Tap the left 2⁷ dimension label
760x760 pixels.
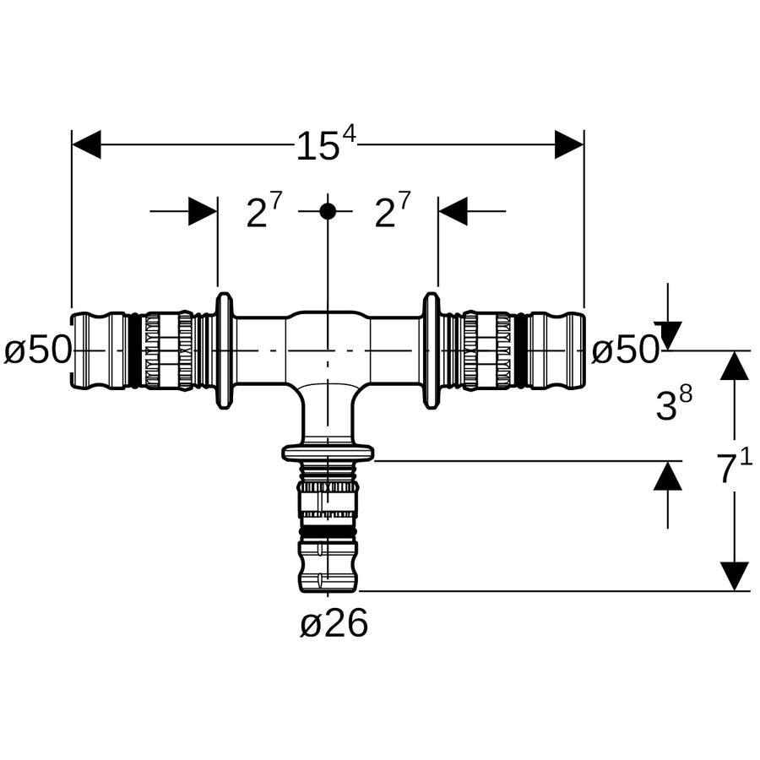coord(263,211)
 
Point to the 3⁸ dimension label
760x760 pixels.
coord(674,404)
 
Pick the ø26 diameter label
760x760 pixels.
coord(334,623)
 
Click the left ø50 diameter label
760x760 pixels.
coord(38,350)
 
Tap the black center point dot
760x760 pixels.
coord(328,211)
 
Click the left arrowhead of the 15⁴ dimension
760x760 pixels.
coord(86,144)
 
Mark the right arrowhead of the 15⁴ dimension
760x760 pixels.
coord(569,144)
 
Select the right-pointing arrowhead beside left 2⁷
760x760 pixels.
coord(203,211)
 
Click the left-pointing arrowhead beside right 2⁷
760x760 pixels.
coord(453,211)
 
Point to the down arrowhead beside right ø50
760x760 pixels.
coord(668,335)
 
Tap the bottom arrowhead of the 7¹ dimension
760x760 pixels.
coord(735,577)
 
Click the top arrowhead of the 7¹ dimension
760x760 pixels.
coord(735,365)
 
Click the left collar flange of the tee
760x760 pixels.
coord(224,351)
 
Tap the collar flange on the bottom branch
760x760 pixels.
coord(328,453)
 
